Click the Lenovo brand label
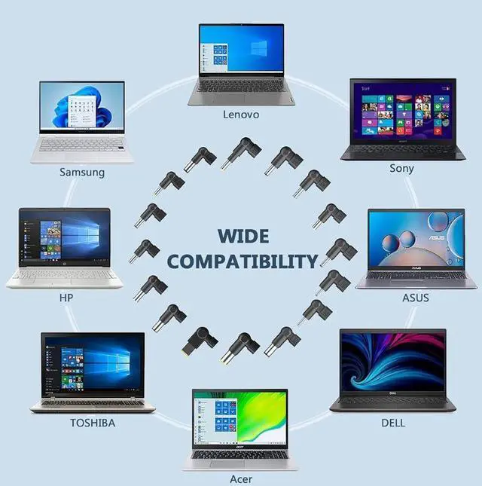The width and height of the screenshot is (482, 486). tap(241, 115)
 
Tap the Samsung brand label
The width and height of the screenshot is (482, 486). tap(82, 173)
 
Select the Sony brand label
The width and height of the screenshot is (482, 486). tap(401, 168)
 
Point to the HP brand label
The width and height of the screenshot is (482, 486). tap(66, 298)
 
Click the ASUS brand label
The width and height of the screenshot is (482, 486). tap(415, 298)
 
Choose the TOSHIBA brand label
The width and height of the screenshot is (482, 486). tap(93, 423)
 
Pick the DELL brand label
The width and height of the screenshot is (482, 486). tap(392, 423)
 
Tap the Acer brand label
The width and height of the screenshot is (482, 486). tap(241, 478)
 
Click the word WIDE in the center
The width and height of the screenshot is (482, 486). tap(243, 236)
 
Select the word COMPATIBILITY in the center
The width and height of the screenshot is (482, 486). tap(243, 261)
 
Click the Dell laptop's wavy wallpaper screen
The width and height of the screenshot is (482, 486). tap(392, 361)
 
